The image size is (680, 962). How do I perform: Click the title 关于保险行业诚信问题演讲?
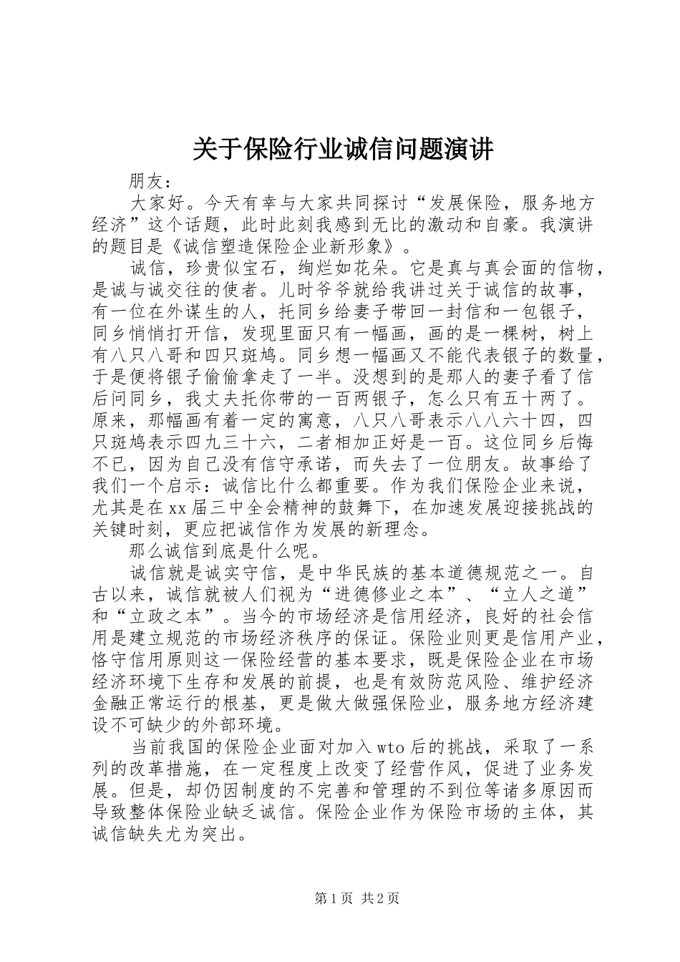click(x=343, y=151)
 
